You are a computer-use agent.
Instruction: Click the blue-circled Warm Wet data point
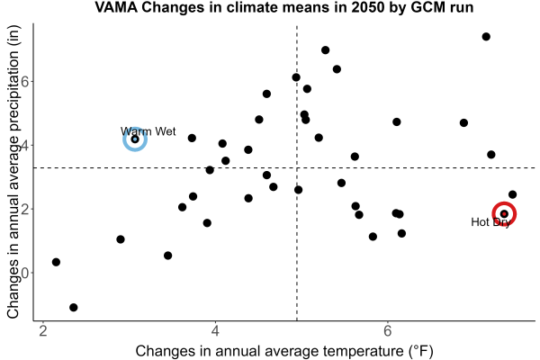tap(135, 139)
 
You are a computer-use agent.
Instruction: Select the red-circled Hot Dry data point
tap(504, 214)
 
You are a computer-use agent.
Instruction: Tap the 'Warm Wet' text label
tap(148, 131)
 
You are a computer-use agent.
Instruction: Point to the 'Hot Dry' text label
tap(490, 222)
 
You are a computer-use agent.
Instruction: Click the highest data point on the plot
tap(486, 37)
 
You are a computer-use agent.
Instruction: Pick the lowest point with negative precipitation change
tap(74, 307)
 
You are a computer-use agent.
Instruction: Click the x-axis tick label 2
tap(43, 331)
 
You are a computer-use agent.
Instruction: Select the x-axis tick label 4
tap(216, 331)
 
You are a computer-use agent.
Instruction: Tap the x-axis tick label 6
tap(388, 331)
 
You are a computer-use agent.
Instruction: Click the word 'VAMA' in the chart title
tap(116, 7)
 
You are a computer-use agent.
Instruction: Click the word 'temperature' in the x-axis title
tap(363, 351)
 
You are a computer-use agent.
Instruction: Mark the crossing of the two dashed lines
tap(297, 167)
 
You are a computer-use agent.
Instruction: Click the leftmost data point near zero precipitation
tap(56, 262)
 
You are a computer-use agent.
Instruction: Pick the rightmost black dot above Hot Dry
tap(512, 194)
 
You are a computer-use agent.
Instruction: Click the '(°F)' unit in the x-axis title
tap(421, 351)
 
